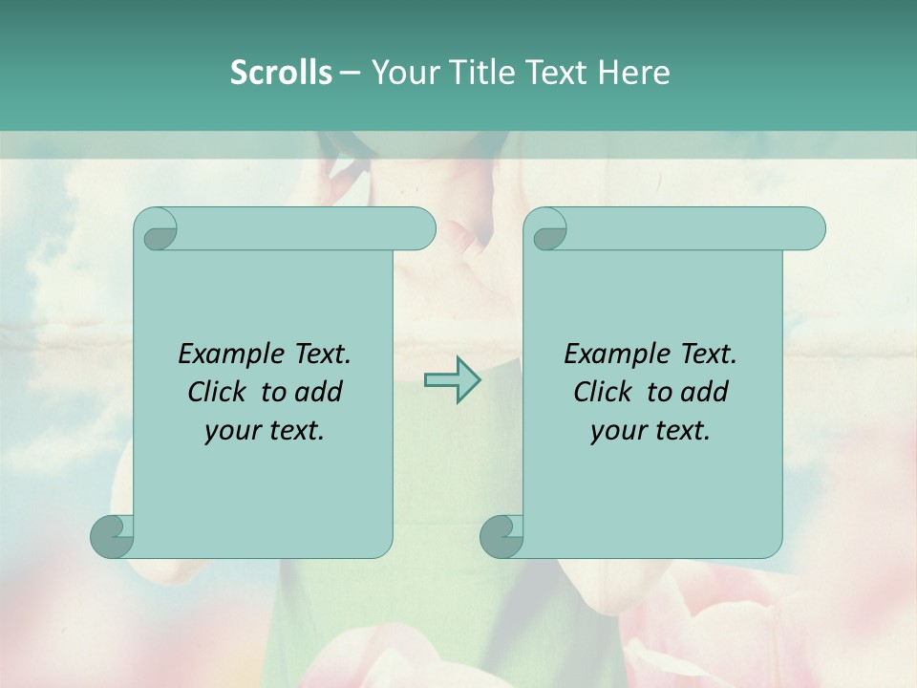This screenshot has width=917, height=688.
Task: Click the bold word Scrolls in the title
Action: click(x=281, y=73)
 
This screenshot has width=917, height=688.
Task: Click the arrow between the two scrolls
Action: click(x=453, y=379)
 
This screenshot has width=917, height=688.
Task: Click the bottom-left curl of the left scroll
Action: click(x=113, y=537)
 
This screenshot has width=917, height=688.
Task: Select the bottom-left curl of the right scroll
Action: click(x=501, y=537)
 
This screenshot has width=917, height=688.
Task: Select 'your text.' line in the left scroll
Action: click(x=264, y=431)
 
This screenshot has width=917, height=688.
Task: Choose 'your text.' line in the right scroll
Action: click(x=650, y=431)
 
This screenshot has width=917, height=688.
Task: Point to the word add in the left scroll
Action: click(x=319, y=392)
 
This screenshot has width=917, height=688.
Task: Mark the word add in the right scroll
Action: click(x=705, y=392)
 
